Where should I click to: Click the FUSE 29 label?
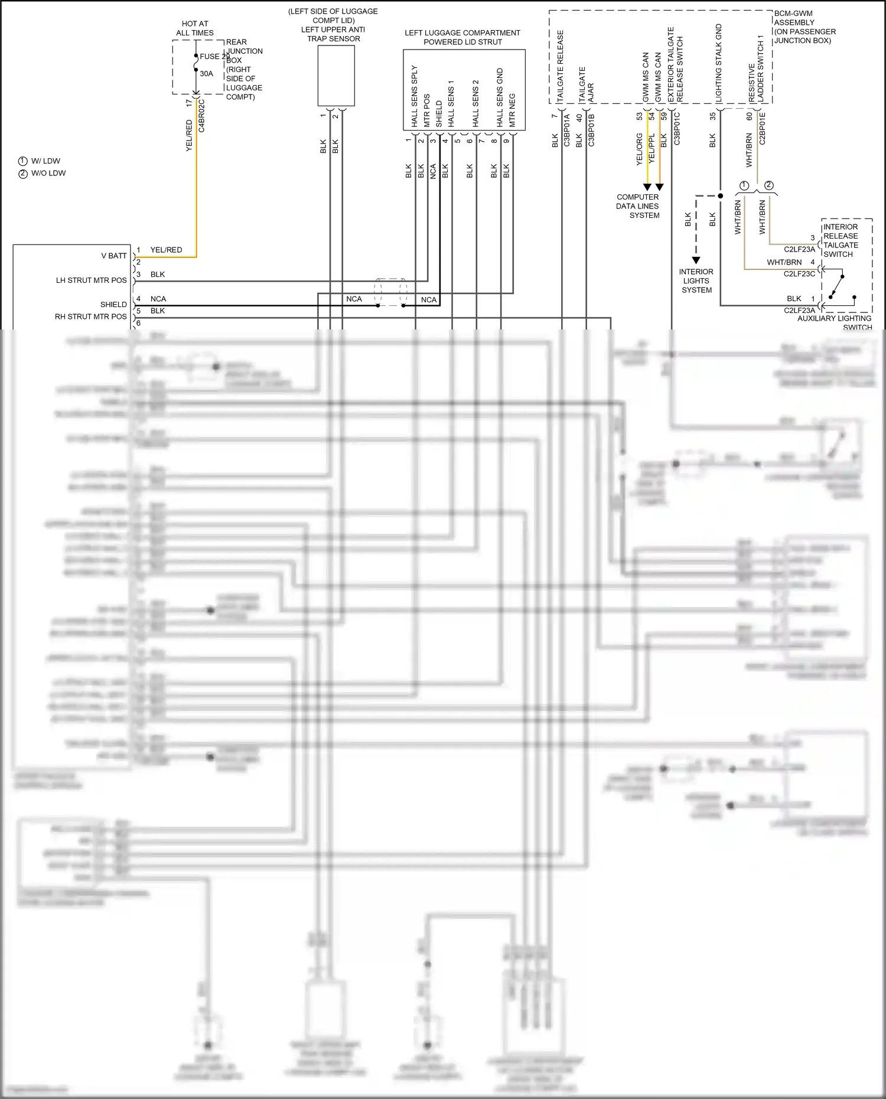[x=214, y=57]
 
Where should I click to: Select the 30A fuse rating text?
[x=206, y=74]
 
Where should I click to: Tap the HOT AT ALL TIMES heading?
[x=194, y=28]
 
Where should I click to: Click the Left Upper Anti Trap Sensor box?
[x=336, y=76]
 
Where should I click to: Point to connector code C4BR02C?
[x=202, y=115]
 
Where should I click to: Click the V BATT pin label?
[x=114, y=256]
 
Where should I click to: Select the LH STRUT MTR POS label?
[x=92, y=281]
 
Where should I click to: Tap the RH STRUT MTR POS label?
[x=91, y=317]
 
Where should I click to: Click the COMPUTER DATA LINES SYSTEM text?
[x=638, y=206]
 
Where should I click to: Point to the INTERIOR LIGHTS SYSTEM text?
[x=696, y=281]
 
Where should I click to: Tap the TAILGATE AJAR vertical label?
[x=586, y=86]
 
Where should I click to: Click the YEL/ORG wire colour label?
[x=639, y=149]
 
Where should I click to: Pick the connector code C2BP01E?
[x=762, y=128]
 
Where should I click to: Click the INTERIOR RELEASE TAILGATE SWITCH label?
[x=841, y=240]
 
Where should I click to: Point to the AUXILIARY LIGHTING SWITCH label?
[x=835, y=322]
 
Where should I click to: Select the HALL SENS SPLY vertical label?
[x=415, y=96]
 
